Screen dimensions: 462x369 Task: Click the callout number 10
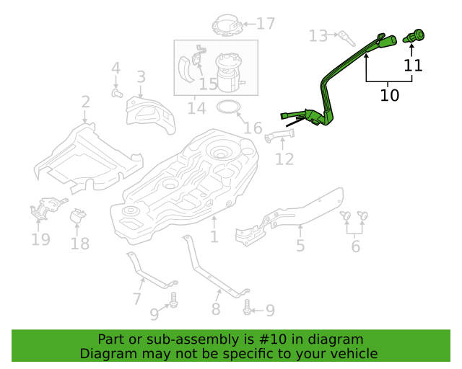click(390, 95)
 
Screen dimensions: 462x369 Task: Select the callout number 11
click(413, 66)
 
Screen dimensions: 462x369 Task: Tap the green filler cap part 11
click(414, 36)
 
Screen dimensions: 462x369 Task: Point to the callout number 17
click(266, 24)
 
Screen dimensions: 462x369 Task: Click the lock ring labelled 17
click(227, 25)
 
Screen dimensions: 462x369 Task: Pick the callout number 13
click(318, 36)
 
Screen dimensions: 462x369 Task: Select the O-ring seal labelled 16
click(229, 107)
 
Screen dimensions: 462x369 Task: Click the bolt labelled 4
click(117, 93)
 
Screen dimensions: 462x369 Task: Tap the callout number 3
click(141, 76)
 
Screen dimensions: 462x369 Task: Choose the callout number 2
click(85, 102)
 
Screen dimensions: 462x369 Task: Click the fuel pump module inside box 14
click(230, 72)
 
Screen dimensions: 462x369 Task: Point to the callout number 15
click(208, 84)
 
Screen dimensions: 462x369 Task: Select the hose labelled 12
click(279, 136)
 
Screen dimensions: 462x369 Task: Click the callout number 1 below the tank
click(214, 236)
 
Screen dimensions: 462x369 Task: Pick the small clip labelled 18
click(77, 216)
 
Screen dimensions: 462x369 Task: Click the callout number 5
click(300, 246)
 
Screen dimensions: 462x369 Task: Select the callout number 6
click(356, 246)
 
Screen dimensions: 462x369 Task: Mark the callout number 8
click(216, 309)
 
